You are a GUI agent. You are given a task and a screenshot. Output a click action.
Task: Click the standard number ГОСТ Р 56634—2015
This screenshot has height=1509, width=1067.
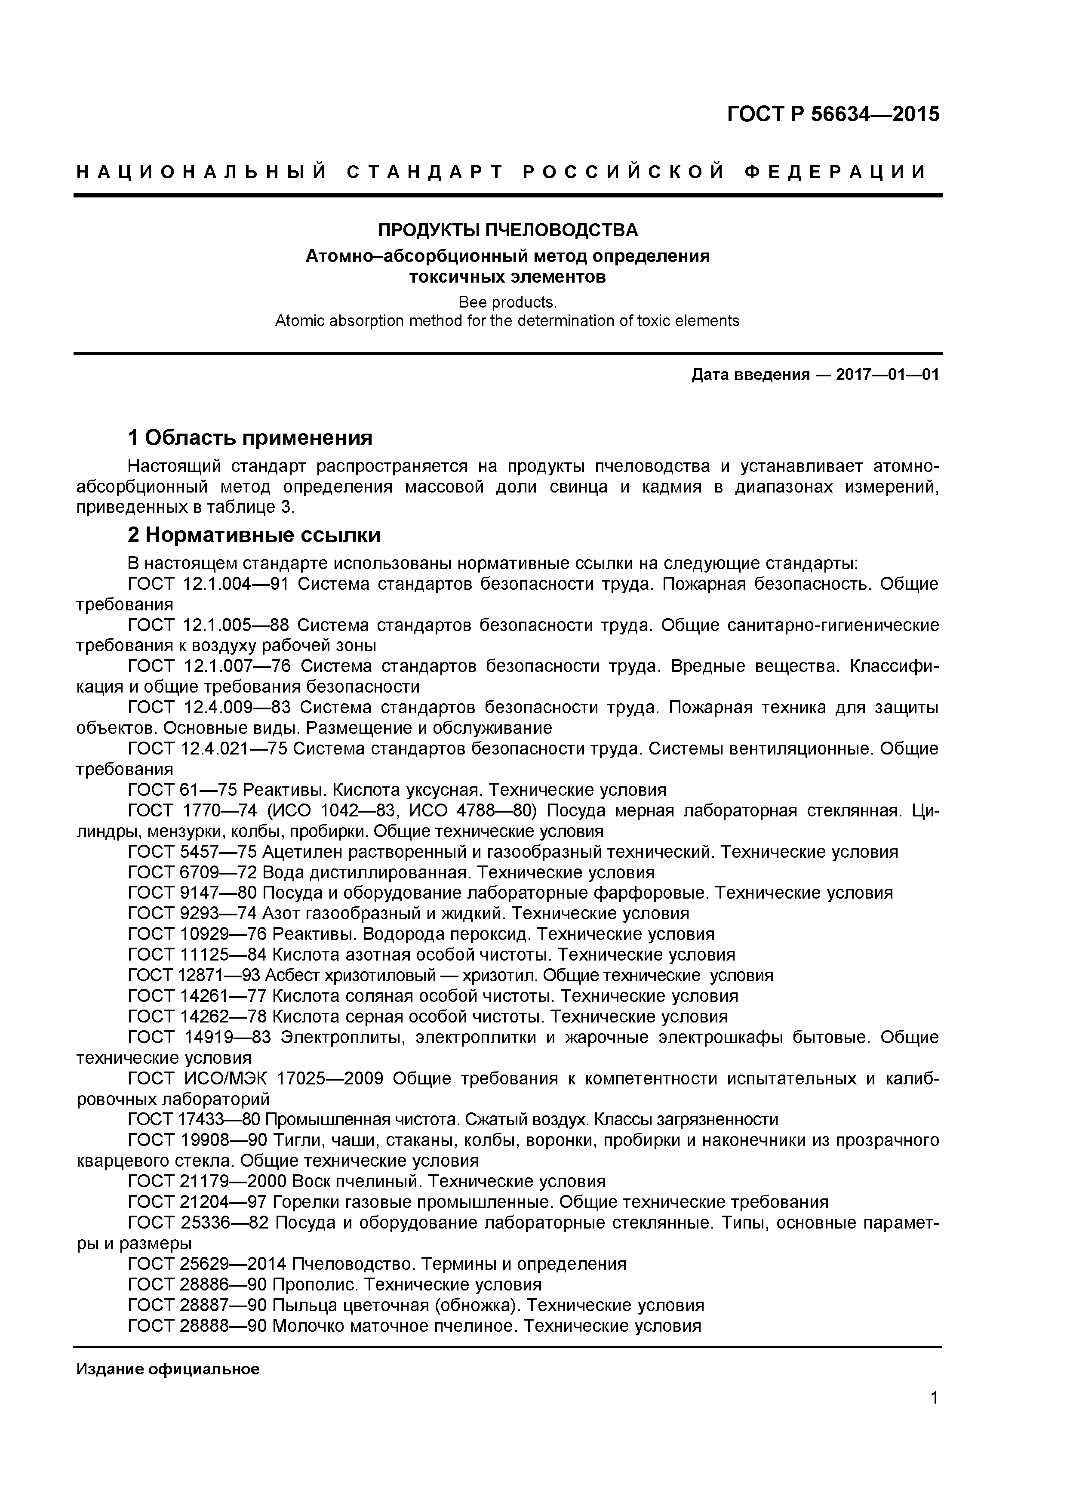coord(833,114)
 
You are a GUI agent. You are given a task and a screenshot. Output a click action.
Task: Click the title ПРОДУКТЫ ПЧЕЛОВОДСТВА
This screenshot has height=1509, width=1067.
coord(507,230)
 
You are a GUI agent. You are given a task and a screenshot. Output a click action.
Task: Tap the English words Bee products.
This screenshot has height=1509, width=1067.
coord(507,302)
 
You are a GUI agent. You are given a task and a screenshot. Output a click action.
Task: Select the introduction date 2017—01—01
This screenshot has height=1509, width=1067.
coord(887,375)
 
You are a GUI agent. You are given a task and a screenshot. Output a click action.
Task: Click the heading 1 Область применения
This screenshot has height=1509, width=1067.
coord(250,437)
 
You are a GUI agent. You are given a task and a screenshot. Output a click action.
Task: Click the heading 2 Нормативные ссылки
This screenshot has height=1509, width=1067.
coord(254,535)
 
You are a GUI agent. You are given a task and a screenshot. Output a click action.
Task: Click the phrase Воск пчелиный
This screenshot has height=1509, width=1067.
coord(356,1181)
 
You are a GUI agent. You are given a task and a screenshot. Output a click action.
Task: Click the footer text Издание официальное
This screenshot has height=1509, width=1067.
coord(168,1369)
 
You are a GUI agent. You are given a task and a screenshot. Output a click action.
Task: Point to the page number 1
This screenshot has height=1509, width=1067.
coord(934,1416)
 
